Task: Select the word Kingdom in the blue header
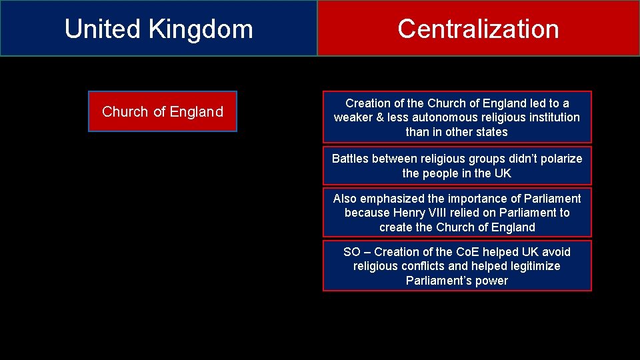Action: pos(201,29)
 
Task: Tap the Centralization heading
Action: pos(478,29)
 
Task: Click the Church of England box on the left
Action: pos(163,111)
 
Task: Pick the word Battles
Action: pos(351,159)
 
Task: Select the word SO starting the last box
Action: pos(351,252)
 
